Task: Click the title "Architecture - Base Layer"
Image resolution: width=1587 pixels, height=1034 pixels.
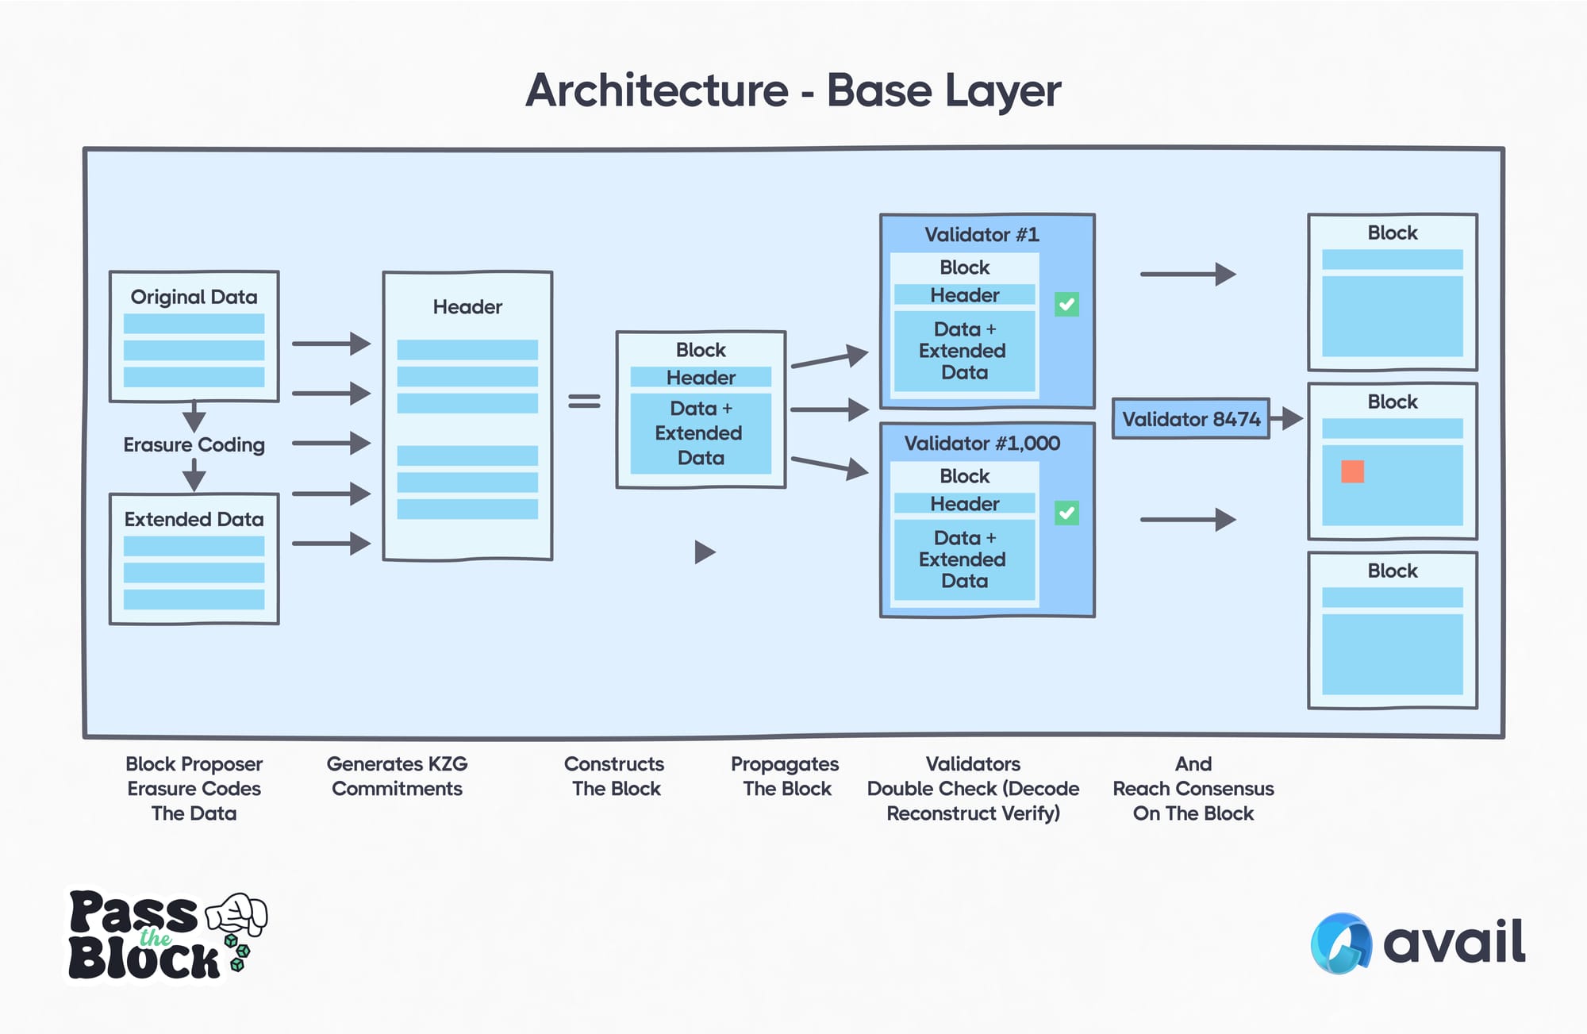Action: tap(793, 90)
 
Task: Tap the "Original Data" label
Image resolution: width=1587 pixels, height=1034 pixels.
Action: tap(194, 297)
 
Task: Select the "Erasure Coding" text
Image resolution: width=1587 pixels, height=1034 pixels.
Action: tap(194, 444)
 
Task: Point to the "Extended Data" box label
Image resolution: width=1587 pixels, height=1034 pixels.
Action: tap(194, 519)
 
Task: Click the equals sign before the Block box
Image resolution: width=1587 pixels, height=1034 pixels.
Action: tap(584, 402)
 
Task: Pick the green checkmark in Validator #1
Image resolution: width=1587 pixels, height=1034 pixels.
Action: tap(1066, 304)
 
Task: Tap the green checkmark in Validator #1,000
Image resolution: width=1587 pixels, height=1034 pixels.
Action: tap(1066, 513)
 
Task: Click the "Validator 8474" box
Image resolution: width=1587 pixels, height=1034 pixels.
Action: tap(1190, 419)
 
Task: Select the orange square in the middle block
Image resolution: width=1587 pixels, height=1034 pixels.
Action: tap(1352, 471)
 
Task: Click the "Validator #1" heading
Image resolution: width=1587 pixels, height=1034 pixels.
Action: tap(982, 235)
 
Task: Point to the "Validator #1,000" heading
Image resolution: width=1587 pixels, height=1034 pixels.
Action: tap(982, 444)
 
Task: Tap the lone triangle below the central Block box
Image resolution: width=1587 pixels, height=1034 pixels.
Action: tap(705, 552)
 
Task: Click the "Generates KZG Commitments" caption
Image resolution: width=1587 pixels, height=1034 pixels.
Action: tap(397, 776)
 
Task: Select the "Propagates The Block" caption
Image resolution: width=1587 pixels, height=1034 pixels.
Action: tap(785, 776)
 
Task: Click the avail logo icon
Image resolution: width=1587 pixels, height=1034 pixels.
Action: tap(1341, 943)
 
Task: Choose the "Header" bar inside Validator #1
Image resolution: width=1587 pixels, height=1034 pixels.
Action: tap(964, 295)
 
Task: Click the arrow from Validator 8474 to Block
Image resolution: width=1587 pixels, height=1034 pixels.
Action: tap(1286, 418)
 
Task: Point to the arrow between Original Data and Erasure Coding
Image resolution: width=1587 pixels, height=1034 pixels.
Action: tap(194, 417)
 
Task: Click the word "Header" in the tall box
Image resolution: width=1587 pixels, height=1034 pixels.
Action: tap(467, 307)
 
